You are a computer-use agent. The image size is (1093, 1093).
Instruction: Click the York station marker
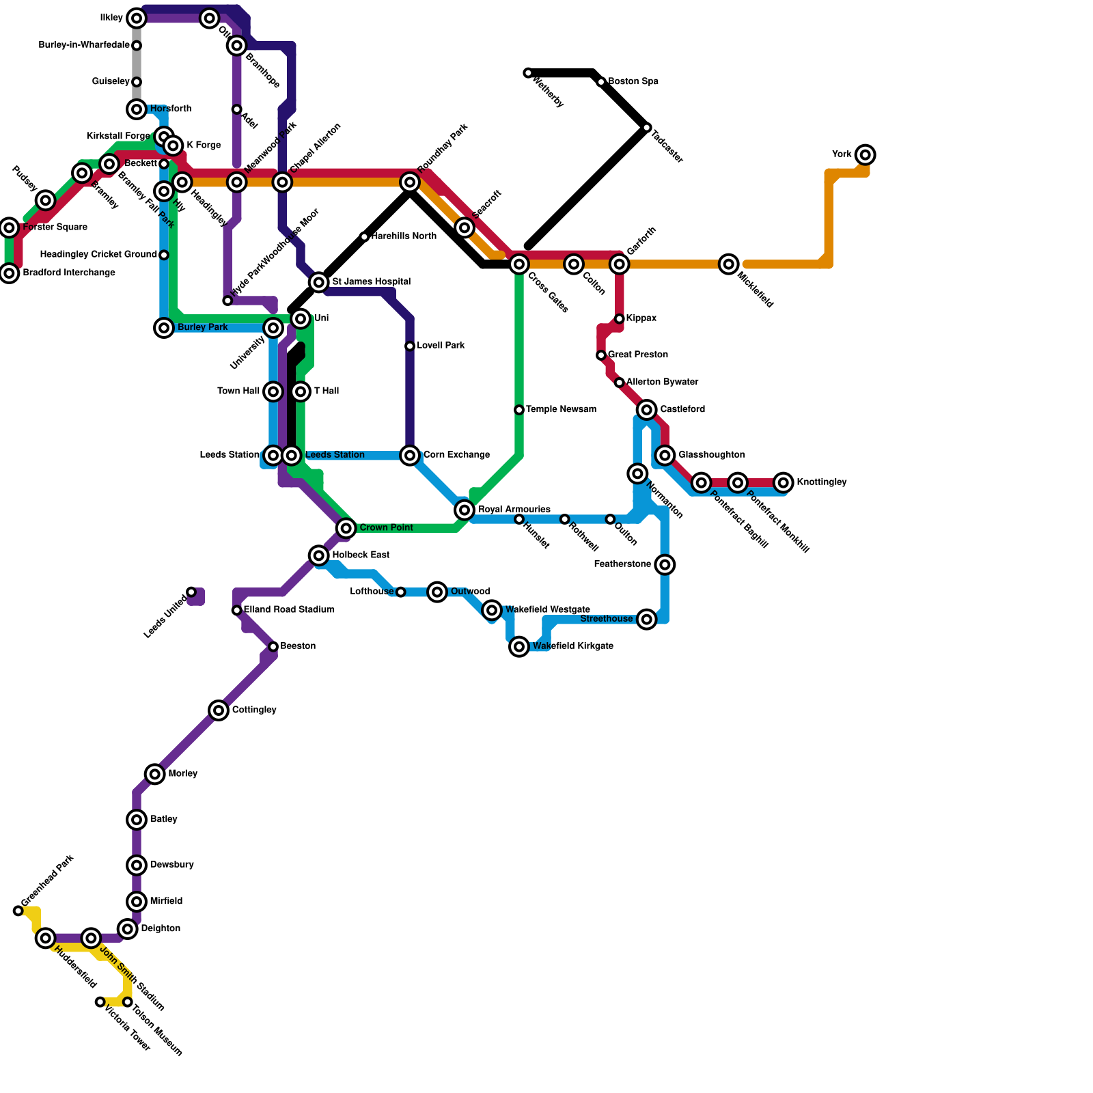click(x=866, y=155)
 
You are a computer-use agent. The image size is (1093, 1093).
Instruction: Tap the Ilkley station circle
click(x=137, y=18)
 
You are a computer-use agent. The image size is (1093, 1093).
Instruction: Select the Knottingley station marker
click(x=784, y=482)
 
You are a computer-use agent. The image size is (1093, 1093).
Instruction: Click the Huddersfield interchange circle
click(x=46, y=938)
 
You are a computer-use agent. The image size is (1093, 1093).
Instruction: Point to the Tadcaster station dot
click(x=647, y=128)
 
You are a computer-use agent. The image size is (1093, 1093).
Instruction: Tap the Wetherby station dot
click(x=528, y=73)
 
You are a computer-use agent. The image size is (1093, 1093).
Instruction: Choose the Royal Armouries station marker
click(x=465, y=510)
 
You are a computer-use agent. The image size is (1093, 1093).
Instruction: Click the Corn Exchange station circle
click(x=410, y=455)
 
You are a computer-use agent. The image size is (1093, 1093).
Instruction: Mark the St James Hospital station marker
click(x=319, y=282)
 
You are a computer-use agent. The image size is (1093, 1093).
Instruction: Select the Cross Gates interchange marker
click(x=519, y=264)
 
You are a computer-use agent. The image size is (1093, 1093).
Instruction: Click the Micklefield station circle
click(x=729, y=264)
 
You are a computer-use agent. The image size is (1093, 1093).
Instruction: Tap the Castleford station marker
click(x=647, y=410)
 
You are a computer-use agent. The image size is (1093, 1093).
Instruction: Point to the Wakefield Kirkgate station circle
click(x=519, y=646)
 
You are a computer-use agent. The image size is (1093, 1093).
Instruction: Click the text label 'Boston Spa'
click(x=633, y=81)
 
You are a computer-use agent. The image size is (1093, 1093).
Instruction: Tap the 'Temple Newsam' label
click(x=561, y=409)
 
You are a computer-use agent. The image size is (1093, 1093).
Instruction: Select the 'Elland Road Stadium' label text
click(x=289, y=609)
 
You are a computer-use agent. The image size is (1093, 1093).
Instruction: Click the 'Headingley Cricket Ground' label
click(x=98, y=255)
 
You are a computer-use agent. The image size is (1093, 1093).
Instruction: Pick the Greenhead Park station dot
click(x=18, y=911)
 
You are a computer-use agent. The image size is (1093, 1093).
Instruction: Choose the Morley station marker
click(x=155, y=774)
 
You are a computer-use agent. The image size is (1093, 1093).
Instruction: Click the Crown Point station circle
click(x=346, y=528)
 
